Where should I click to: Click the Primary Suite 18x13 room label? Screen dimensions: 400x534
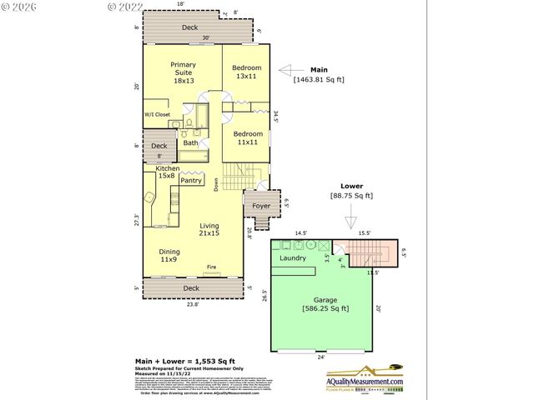click(x=182, y=72)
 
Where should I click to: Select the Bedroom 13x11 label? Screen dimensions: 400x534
click(x=247, y=72)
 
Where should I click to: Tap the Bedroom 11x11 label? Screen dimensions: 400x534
click(x=247, y=138)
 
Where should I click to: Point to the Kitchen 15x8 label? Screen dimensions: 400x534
click(x=167, y=172)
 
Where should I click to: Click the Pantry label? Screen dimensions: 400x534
click(x=191, y=180)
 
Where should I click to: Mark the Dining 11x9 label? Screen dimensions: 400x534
click(x=169, y=255)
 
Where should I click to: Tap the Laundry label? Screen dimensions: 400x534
click(x=294, y=258)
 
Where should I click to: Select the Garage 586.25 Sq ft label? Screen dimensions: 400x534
click(x=325, y=304)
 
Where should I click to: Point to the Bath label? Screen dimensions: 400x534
click(x=190, y=142)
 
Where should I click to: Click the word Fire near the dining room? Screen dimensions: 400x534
click(x=212, y=267)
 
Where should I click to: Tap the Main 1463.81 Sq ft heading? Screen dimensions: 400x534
click(x=318, y=75)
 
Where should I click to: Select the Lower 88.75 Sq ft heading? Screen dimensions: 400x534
click(x=350, y=192)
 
